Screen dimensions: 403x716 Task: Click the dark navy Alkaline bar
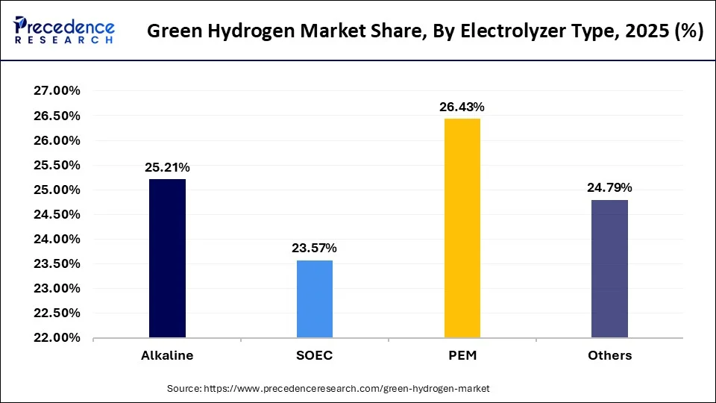pyautogui.click(x=167, y=258)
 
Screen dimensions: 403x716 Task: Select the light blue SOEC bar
pyautogui.click(x=315, y=299)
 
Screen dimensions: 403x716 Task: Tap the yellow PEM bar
pyautogui.click(x=462, y=228)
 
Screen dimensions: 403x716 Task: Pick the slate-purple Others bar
pyautogui.click(x=609, y=269)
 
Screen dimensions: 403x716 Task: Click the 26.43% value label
pyautogui.click(x=462, y=107)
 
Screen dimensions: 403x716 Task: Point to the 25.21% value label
pyautogui.click(x=167, y=168)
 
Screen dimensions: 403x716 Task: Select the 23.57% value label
pyautogui.click(x=315, y=249)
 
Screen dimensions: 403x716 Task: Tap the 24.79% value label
pyautogui.click(x=609, y=187)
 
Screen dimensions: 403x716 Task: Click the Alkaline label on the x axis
pyautogui.click(x=167, y=355)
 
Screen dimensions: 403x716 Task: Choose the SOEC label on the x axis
pyautogui.click(x=315, y=355)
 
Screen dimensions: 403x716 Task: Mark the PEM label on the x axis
pyautogui.click(x=462, y=355)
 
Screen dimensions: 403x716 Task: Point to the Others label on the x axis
pyautogui.click(x=609, y=355)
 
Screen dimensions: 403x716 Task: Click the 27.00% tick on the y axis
pyautogui.click(x=57, y=91)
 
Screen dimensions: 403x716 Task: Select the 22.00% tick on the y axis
pyautogui.click(x=57, y=338)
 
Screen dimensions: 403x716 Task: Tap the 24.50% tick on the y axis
pyautogui.click(x=57, y=215)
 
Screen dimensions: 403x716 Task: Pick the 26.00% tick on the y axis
pyautogui.click(x=57, y=140)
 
